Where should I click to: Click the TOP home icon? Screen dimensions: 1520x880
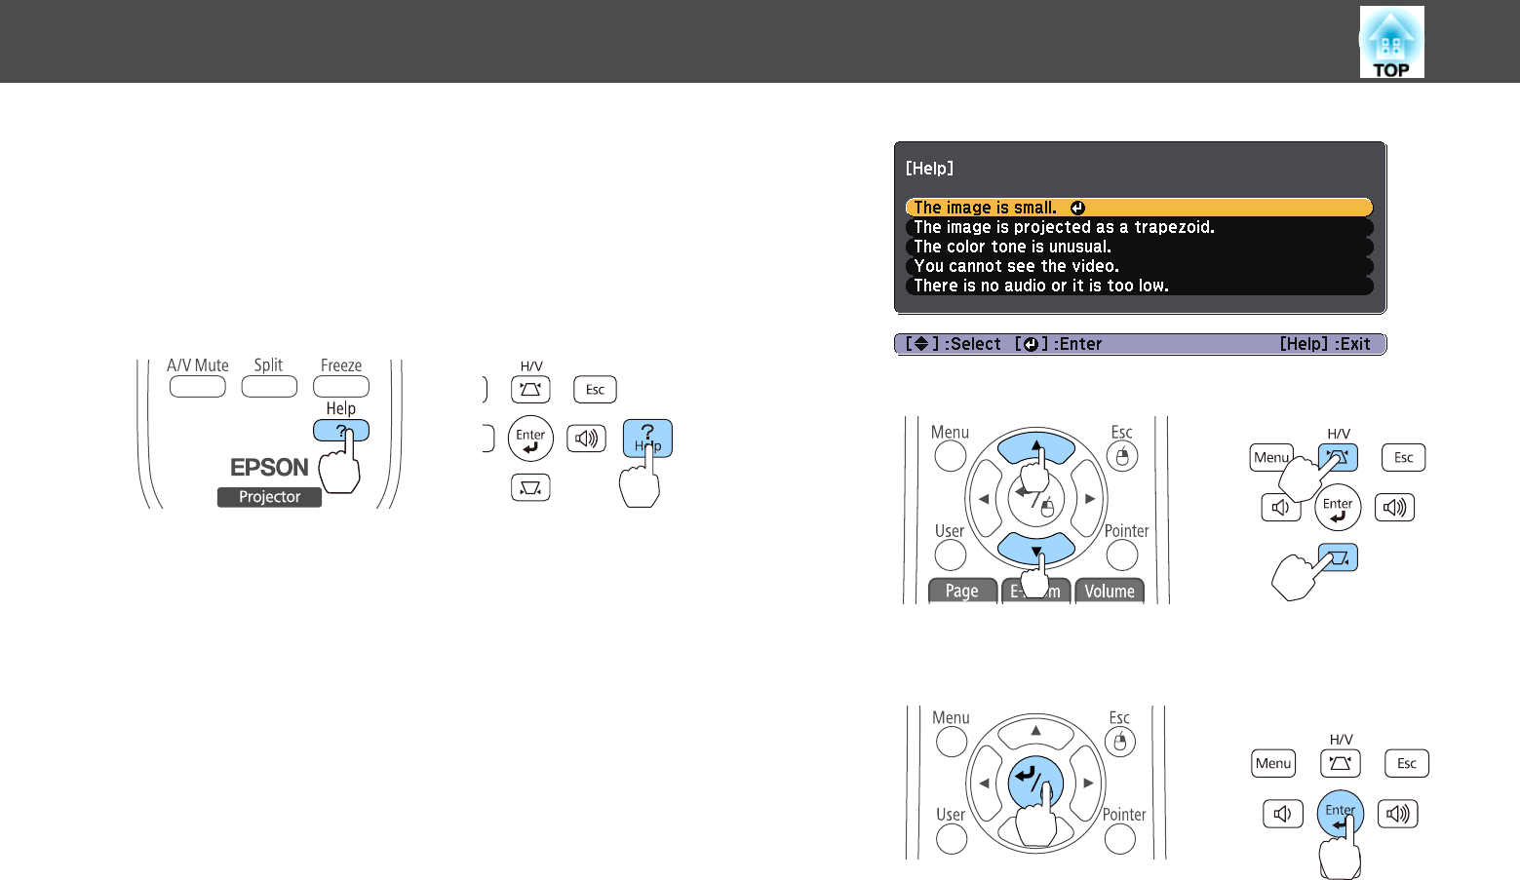coord(1391,42)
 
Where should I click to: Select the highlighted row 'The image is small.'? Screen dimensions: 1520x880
coord(1139,208)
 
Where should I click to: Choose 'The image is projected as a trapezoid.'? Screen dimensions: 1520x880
coord(1064,227)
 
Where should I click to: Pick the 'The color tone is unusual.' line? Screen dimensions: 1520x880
coord(1012,247)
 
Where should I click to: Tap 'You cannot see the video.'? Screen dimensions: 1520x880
coord(1016,266)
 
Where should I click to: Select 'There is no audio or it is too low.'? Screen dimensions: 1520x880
coord(1041,286)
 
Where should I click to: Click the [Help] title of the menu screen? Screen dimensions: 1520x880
coord(929,169)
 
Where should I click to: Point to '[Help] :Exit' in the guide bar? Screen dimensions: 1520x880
coord(1325,344)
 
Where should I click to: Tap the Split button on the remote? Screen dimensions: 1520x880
coord(269,387)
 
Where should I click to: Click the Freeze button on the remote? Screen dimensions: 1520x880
coord(341,387)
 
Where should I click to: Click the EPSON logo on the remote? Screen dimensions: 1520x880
coord(269,468)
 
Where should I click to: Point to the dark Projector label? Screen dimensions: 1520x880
coord(269,497)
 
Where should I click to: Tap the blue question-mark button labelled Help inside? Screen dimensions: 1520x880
coord(647,438)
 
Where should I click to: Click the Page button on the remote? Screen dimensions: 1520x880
coord(962,591)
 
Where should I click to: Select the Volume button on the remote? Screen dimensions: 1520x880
coord(1110,591)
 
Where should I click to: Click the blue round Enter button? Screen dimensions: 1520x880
coord(1340,813)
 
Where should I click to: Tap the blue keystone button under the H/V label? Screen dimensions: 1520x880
coord(1338,457)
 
